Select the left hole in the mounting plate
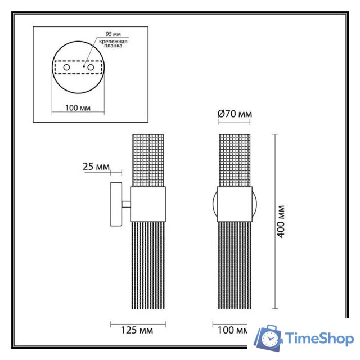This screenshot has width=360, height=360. click(67, 67)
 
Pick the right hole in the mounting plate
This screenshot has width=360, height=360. click(89, 67)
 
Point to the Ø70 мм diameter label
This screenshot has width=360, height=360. click(235, 114)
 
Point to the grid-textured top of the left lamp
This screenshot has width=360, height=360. click(148, 160)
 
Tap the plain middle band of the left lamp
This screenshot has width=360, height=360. click(148, 204)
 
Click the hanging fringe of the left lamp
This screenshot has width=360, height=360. click(148, 264)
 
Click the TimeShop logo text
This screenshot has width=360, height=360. click(319, 339)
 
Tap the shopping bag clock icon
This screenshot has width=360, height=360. click(269, 338)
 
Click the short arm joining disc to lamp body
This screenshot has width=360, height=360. click(127, 204)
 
